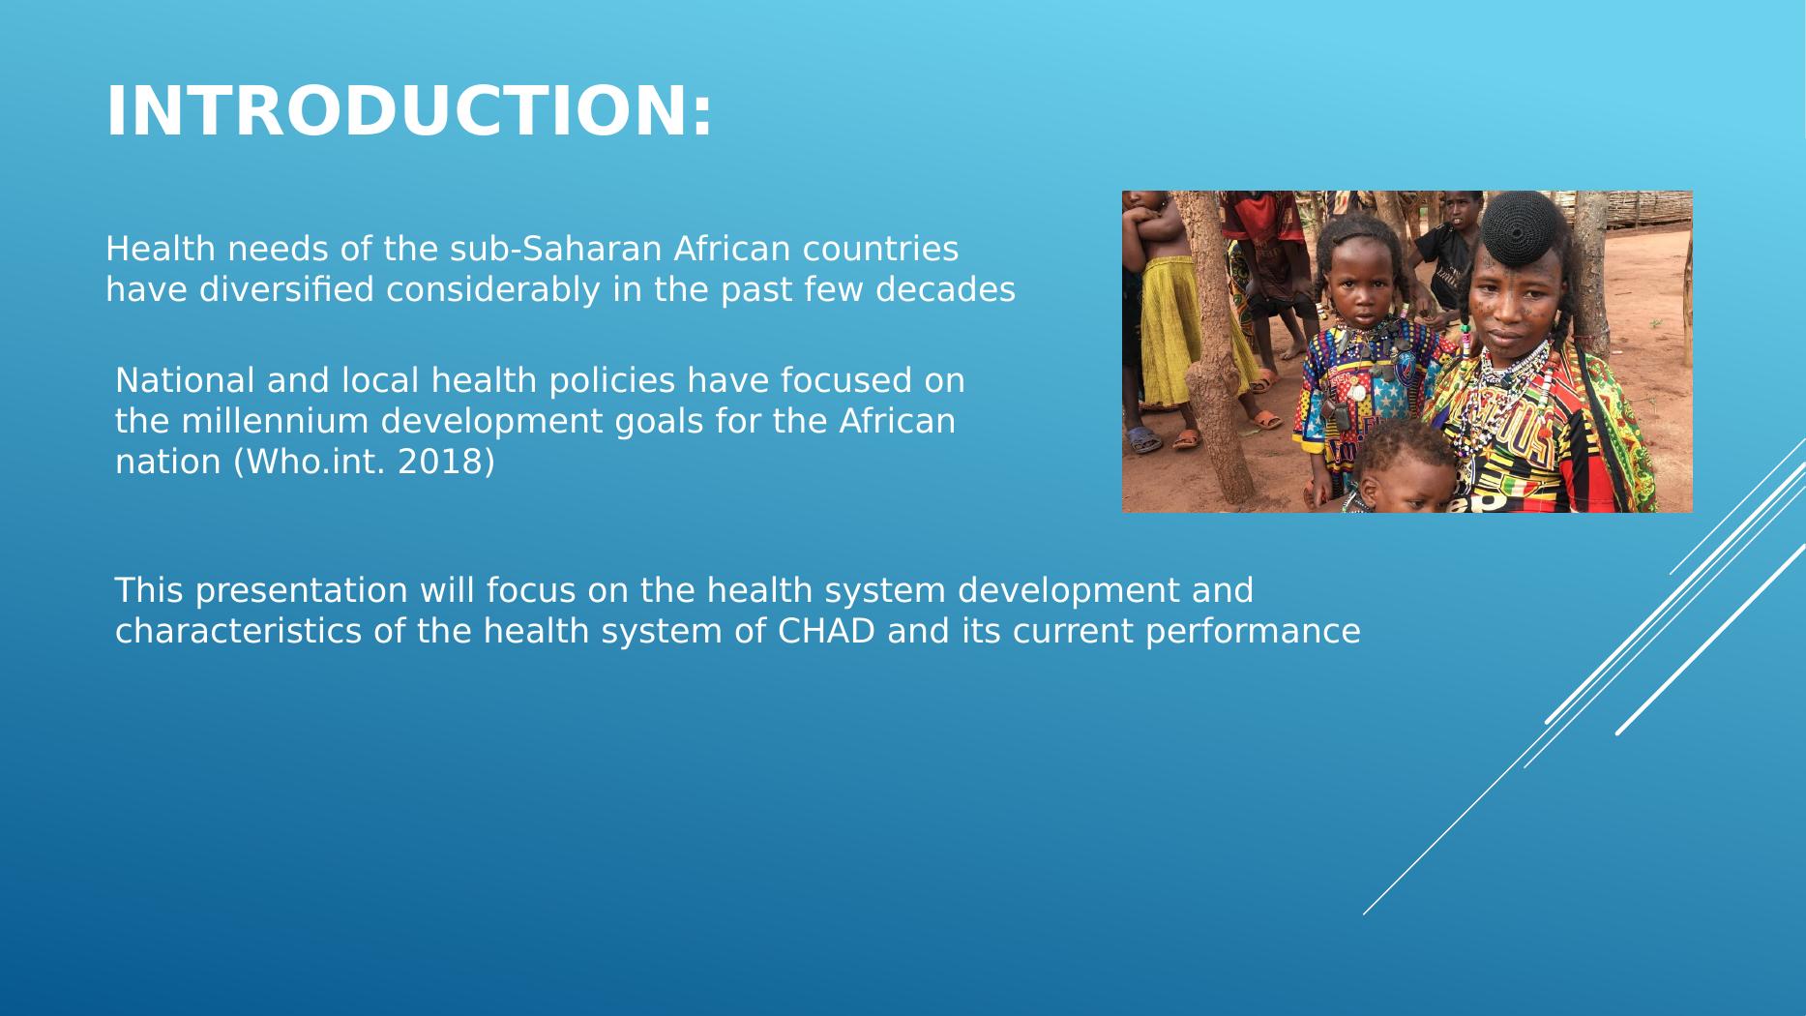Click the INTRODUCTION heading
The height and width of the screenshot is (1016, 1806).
click(409, 111)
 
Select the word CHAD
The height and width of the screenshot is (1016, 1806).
click(826, 631)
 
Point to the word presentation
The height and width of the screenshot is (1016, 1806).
click(303, 590)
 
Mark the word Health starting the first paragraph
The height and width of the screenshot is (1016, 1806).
click(161, 249)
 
